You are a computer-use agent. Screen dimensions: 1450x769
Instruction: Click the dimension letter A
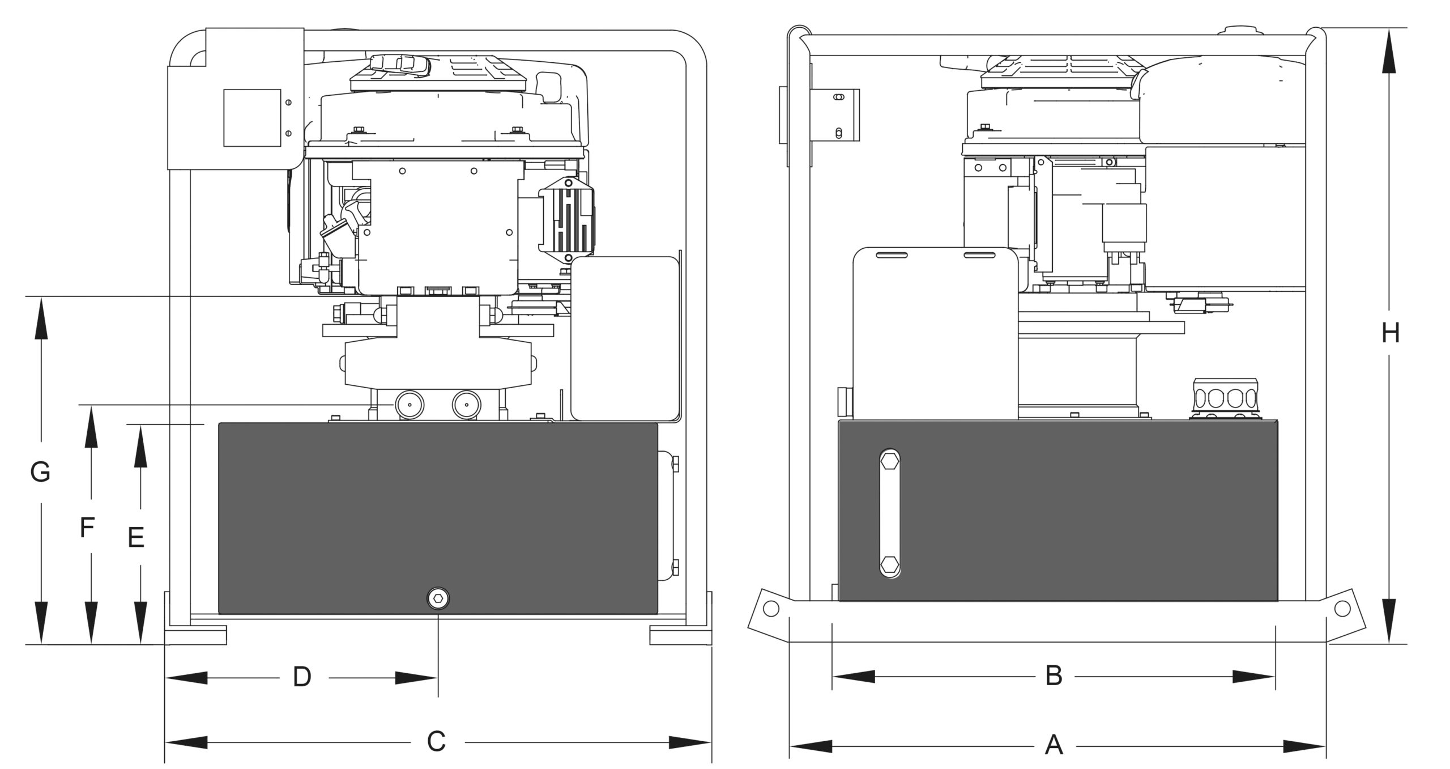pyautogui.click(x=1054, y=744)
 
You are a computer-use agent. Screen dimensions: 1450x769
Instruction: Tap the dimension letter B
pyautogui.click(x=1054, y=675)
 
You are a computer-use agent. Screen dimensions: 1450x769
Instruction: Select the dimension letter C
pyautogui.click(x=436, y=742)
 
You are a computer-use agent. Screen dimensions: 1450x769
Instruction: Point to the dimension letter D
pyautogui.click(x=302, y=677)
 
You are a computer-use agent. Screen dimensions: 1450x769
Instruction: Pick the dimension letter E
pyautogui.click(x=136, y=537)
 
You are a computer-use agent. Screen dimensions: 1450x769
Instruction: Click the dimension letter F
pyautogui.click(x=87, y=528)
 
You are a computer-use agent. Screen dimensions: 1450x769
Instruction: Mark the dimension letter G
pyautogui.click(x=40, y=472)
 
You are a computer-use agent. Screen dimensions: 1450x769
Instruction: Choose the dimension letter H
pyautogui.click(x=1390, y=333)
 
